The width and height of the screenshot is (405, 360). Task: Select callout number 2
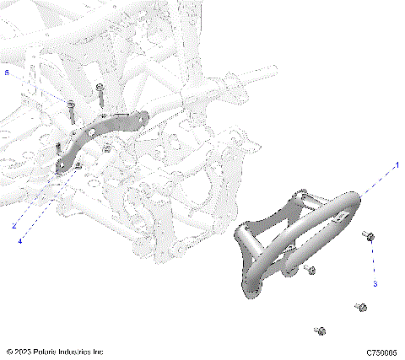pyautogui.click(x=14, y=226)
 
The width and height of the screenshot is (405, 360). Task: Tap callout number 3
pyautogui.click(x=375, y=283)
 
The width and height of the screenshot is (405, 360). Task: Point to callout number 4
pyautogui.click(x=21, y=241)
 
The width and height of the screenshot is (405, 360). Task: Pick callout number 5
pyautogui.click(x=8, y=74)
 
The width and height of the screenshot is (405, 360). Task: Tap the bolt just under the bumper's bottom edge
pyautogui.click(x=310, y=271)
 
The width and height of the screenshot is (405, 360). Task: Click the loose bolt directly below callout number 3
pyautogui.click(x=361, y=306)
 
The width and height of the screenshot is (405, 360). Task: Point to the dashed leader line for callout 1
pyautogui.click(x=375, y=178)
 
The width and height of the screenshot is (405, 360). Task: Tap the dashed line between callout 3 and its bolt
pyautogui.click(x=372, y=261)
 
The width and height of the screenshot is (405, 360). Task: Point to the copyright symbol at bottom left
pyautogui.click(x=9, y=352)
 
